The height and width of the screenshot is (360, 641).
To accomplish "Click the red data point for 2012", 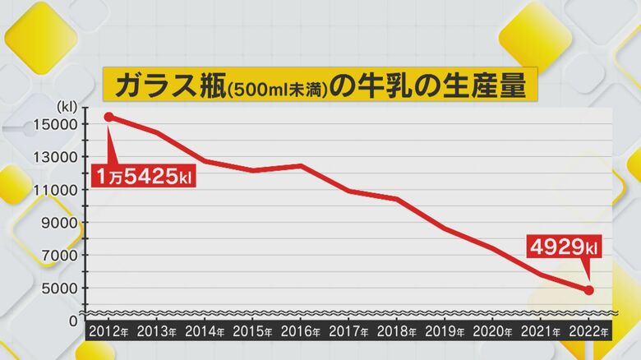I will pyautogui.click(x=109, y=117).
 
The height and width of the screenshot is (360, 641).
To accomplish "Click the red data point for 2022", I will pyautogui.click(x=589, y=290).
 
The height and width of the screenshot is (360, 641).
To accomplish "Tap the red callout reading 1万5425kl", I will pyautogui.click(x=143, y=177).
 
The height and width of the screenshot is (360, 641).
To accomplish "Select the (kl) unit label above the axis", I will pyautogui.click(x=66, y=106).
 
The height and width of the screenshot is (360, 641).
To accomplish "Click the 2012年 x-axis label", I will pyautogui.click(x=108, y=332).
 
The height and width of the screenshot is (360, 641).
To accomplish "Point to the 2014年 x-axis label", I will pyautogui.click(x=205, y=332).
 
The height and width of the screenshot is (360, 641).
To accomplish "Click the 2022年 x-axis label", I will pyautogui.click(x=588, y=332).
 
